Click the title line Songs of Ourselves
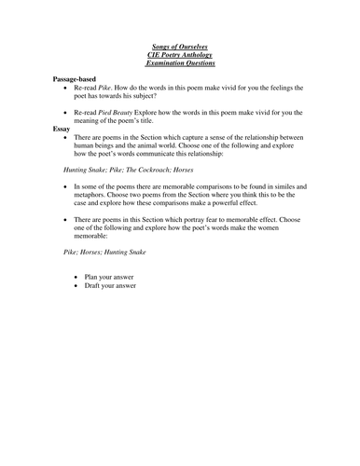pyautogui.click(x=180, y=44)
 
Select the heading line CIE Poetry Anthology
pyautogui.click(x=180, y=53)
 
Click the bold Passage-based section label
pyautogui.click(x=79, y=81)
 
